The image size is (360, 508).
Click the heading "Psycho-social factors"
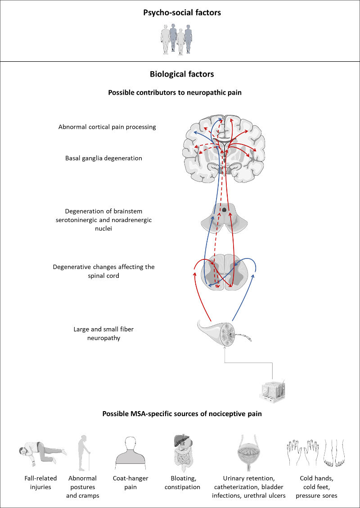tap(182, 13)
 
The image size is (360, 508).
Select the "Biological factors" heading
tap(181, 73)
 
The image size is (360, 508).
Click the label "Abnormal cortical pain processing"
tap(107, 127)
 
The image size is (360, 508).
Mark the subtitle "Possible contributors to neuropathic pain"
tap(182, 93)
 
